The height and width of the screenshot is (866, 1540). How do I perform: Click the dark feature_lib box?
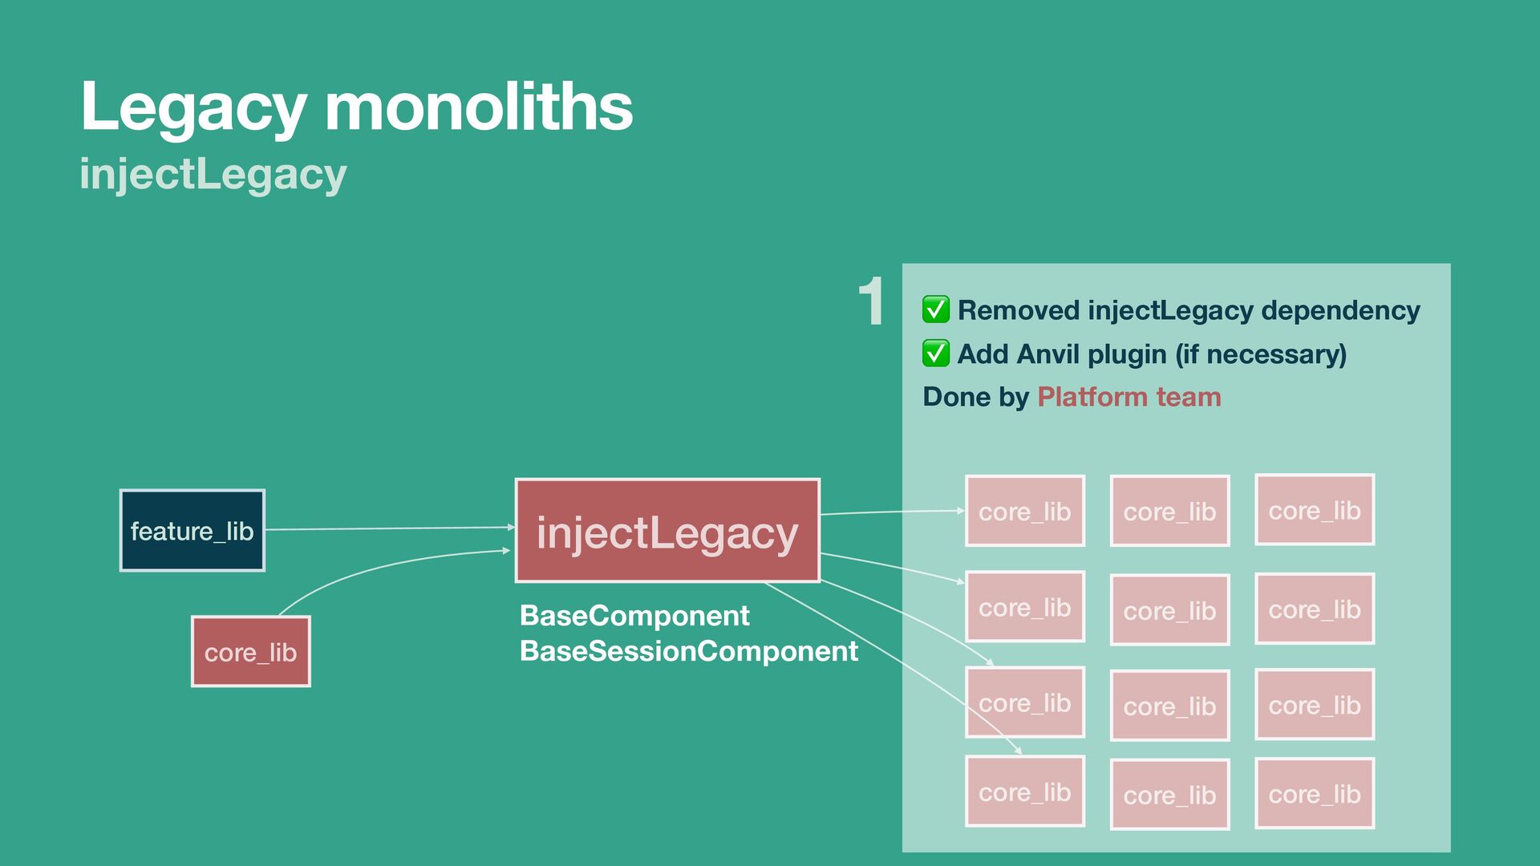(192, 531)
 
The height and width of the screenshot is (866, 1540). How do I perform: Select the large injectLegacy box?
(667, 531)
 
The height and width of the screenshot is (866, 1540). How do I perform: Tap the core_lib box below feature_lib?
(250, 652)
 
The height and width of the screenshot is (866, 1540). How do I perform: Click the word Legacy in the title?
(193, 107)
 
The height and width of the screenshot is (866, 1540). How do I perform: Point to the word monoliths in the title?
(479, 107)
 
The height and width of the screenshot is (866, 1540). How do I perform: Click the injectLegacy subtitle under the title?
(213, 174)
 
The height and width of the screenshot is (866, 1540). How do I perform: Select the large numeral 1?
(871, 302)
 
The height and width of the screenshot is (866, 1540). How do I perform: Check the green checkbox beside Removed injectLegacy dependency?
(935, 310)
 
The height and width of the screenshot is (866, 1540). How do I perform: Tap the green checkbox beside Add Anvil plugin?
(935, 353)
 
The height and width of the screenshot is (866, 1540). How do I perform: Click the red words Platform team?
(1129, 397)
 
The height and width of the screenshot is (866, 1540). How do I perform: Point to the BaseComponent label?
(634, 616)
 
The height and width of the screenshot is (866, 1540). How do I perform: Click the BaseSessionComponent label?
(688, 651)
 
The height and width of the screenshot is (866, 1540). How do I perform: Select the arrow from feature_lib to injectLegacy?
(389, 528)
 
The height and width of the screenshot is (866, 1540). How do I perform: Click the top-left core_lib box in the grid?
(1024, 511)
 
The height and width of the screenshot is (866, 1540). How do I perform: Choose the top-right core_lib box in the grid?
(1314, 510)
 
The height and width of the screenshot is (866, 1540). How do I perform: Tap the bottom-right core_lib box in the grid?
(1314, 794)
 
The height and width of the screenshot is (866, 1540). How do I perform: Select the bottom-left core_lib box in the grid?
(1024, 791)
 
